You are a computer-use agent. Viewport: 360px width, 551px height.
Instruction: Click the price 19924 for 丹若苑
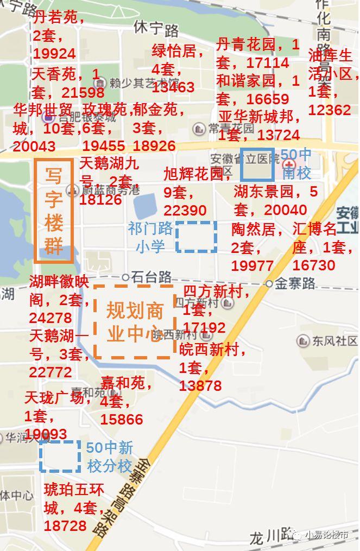(54, 53)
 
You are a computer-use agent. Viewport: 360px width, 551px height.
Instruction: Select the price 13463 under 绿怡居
(173, 87)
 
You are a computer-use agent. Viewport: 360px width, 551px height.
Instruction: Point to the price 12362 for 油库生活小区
(330, 110)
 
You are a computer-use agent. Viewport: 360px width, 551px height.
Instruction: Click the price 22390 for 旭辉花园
(185, 210)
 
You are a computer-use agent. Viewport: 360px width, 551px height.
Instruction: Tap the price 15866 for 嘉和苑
(122, 419)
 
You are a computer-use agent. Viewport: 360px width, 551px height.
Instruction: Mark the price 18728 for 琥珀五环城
(65, 525)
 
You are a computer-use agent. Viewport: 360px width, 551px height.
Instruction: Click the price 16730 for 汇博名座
(314, 265)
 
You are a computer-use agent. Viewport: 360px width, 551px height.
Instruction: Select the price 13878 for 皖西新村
(200, 385)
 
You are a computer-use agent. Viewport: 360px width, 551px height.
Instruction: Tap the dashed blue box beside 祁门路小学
(196, 237)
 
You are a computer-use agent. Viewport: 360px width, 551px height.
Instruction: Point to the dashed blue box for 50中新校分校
(60, 456)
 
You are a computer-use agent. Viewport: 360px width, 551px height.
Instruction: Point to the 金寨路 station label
(295, 283)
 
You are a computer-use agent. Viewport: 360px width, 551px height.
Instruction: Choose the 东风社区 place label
(334, 340)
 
